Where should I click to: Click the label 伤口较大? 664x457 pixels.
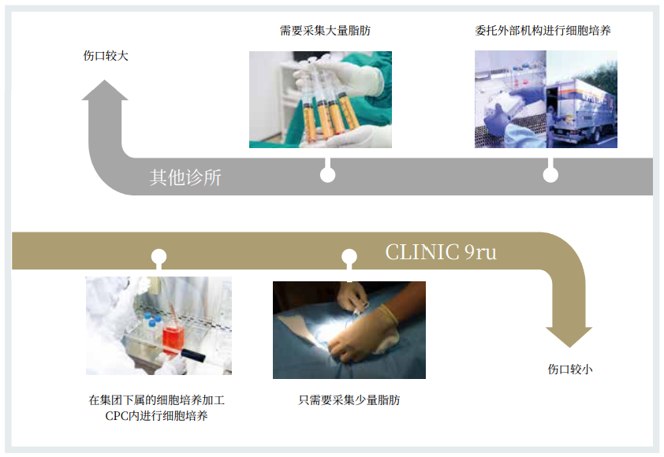click(106, 56)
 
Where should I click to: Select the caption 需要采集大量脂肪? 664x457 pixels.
click(325, 31)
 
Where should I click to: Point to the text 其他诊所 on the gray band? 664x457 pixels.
click(186, 177)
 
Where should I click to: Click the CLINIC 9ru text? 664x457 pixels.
click(441, 252)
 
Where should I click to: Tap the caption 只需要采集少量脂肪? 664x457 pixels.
click(349, 399)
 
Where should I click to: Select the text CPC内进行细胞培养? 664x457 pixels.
click(157, 415)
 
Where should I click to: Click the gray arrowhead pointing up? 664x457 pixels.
click(105, 91)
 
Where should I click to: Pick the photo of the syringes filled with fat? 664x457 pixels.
click(320, 99)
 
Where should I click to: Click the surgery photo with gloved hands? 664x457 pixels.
click(349, 329)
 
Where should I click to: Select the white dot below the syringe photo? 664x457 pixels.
click(327, 175)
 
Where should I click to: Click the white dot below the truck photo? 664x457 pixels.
click(550, 175)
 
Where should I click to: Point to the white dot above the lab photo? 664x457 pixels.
click(159, 257)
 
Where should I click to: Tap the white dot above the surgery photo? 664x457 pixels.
click(349, 257)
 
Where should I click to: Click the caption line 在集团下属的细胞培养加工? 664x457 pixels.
click(157, 399)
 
